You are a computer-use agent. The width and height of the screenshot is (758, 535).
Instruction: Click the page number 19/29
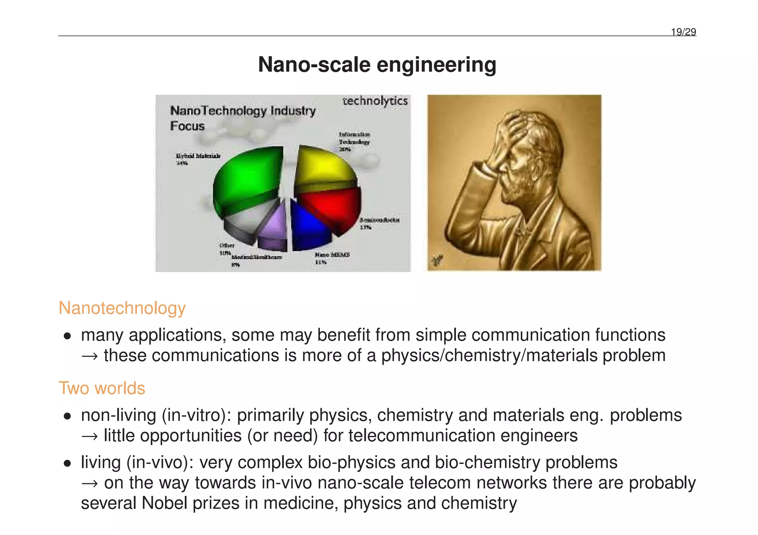click(x=683, y=32)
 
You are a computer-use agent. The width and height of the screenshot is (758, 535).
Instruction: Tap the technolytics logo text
click(x=375, y=101)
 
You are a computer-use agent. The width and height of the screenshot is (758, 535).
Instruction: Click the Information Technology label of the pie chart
click(x=354, y=141)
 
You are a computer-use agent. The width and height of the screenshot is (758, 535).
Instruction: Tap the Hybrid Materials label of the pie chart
click(x=198, y=156)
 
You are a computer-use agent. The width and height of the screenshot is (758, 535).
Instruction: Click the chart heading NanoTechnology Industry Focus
click(x=242, y=118)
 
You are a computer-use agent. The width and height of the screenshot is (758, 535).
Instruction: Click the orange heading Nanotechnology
click(x=122, y=308)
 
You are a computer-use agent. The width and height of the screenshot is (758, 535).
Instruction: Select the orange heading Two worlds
click(x=102, y=388)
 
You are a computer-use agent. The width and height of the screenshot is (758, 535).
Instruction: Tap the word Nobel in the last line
click(x=164, y=503)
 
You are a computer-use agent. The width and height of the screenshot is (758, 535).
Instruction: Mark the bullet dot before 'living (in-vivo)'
click(x=67, y=464)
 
